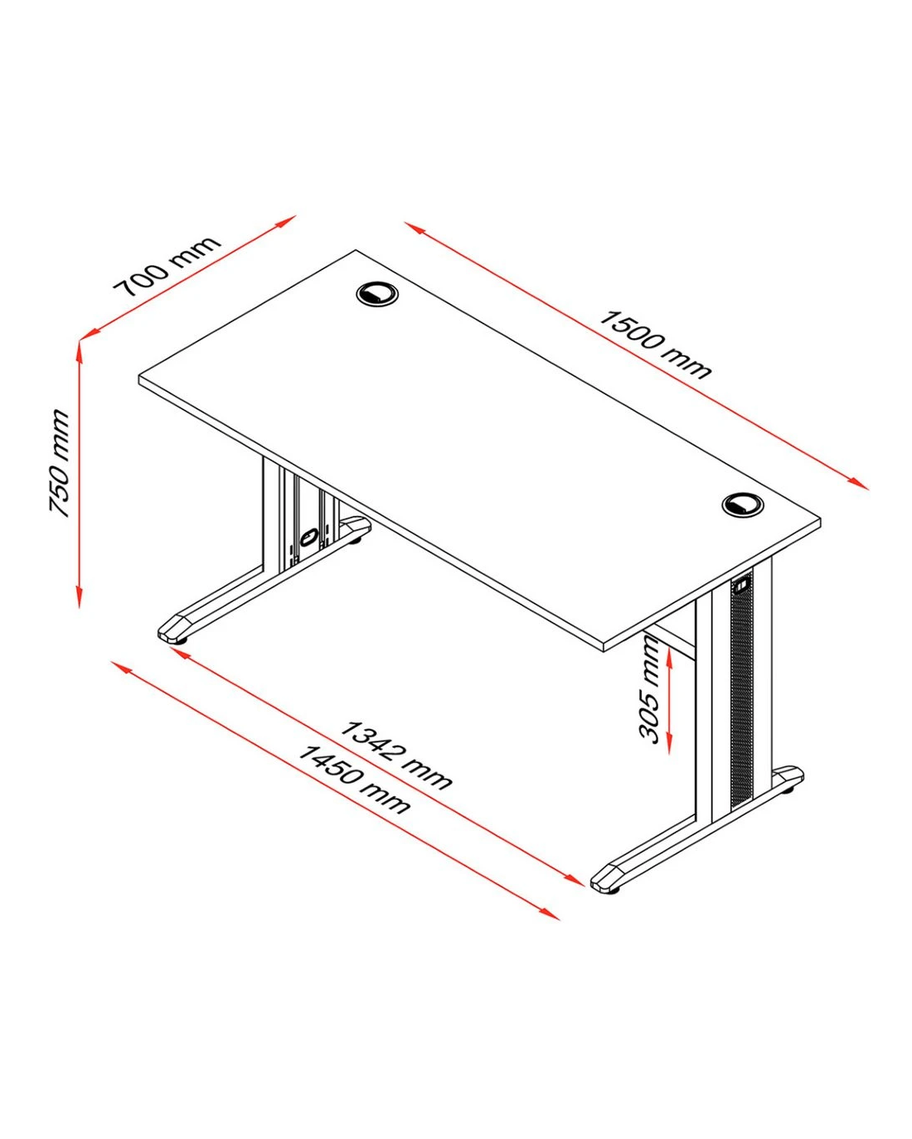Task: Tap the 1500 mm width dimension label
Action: tap(654, 345)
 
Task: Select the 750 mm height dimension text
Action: tap(60, 463)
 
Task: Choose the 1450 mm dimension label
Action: tap(353, 779)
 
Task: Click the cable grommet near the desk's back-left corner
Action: tap(378, 293)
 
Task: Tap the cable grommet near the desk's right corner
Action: tap(743, 504)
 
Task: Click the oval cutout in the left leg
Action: tap(308, 538)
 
